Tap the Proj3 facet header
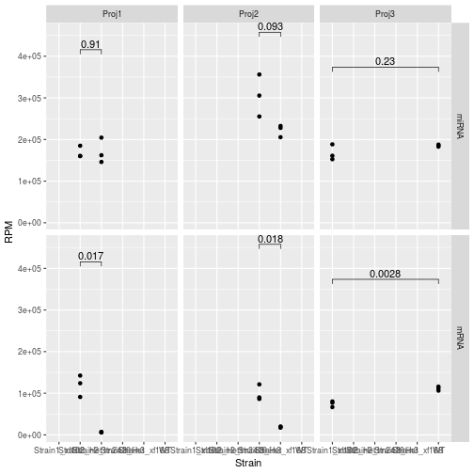(x=385, y=14)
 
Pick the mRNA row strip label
(x=461, y=338)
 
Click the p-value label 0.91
(x=91, y=44)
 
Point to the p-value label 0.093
(x=270, y=26)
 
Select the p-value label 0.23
(x=385, y=61)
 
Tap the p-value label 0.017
(x=91, y=256)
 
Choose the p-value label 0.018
(x=270, y=239)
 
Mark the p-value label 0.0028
(x=385, y=274)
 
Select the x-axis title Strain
(x=248, y=464)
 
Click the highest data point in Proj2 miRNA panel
(x=260, y=74)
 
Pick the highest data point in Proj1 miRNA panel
(x=102, y=137)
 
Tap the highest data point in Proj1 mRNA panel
(x=81, y=376)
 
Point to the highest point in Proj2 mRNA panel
(x=260, y=385)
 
